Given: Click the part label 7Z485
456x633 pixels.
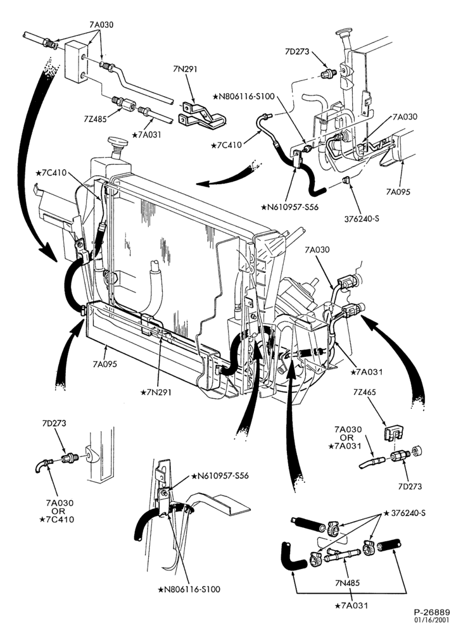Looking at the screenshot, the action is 96,119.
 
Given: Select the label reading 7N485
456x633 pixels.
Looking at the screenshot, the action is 347,582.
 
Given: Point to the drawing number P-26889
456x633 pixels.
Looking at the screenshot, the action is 431,612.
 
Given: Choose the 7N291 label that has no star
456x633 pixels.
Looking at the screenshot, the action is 185,69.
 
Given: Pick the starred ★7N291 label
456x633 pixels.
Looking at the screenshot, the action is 156,392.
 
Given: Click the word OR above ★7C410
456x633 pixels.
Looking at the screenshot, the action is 59,511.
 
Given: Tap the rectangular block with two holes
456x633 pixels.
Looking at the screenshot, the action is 77,61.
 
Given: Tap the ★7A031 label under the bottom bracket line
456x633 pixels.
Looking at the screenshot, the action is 351,606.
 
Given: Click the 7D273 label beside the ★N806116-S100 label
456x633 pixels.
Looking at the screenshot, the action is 297,51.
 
